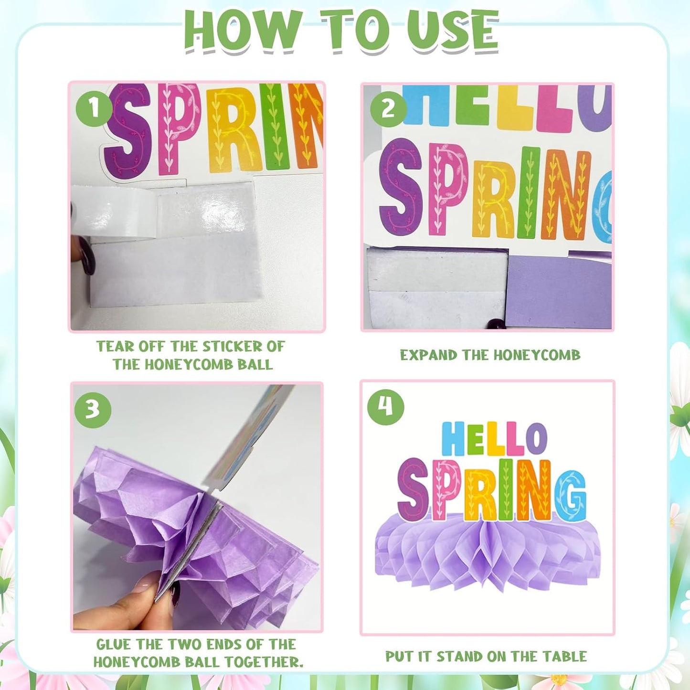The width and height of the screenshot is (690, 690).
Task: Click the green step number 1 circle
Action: (x=94, y=108)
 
